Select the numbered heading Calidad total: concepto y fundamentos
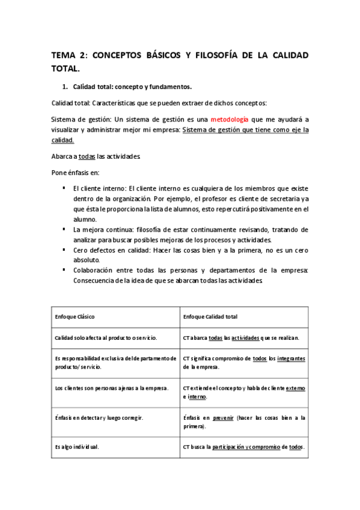coord(123,86)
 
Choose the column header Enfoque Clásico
coord(75,316)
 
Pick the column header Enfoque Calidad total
coord(210,316)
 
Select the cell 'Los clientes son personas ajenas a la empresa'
coord(112,388)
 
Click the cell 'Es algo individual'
coord(78,447)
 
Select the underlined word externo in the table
coord(295,388)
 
